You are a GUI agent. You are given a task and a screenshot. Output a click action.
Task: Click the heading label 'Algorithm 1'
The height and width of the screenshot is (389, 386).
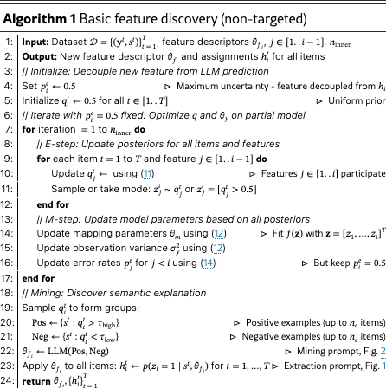click(x=34, y=10)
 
